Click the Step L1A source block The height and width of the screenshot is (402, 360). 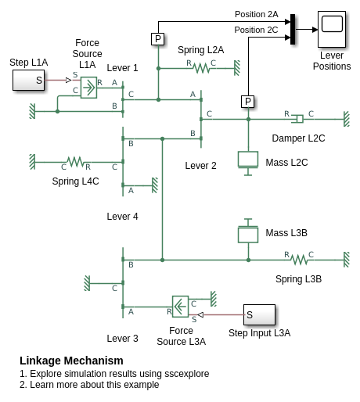click(29, 80)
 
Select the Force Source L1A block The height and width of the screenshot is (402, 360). click(88, 88)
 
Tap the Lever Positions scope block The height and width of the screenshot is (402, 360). click(332, 29)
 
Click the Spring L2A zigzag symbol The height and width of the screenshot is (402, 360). click(201, 69)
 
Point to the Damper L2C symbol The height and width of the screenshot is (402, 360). click(297, 119)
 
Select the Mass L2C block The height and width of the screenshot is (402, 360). click(248, 163)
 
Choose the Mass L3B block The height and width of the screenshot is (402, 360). click(248, 231)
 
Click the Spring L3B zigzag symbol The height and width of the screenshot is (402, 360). click(299, 260)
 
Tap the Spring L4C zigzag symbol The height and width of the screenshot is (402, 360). click(76, 162)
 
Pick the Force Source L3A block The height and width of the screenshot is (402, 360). click(180, 307)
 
